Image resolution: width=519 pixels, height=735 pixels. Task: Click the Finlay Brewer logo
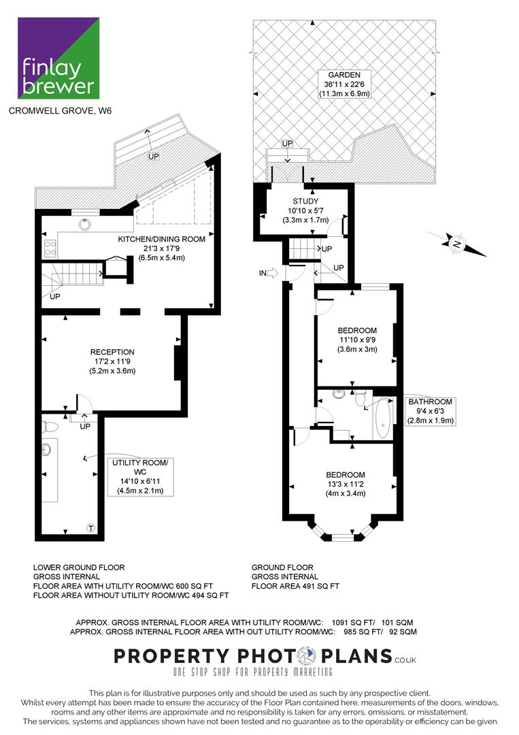(58, 58)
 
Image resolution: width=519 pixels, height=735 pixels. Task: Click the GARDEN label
(344, 75)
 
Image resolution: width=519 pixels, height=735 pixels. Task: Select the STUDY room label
(305, 201)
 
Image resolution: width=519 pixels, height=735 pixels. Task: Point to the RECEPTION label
(112, 352)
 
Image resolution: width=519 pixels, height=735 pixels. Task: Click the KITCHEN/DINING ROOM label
(162, 239)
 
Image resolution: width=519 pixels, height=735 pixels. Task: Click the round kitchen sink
(84, 225)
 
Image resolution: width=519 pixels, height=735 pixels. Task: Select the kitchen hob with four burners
(50, 248)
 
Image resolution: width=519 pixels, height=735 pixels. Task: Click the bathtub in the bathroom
(383, 418)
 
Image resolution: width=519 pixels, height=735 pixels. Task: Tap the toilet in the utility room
(50, 427)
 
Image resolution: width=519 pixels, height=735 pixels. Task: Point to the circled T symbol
(91, 528)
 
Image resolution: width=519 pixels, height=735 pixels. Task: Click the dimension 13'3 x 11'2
(346, 485)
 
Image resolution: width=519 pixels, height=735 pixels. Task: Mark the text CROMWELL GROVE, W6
(61, 111)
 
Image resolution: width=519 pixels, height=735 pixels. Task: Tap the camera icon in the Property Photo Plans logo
(307, 656)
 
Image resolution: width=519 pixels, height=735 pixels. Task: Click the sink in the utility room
(46, 450)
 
